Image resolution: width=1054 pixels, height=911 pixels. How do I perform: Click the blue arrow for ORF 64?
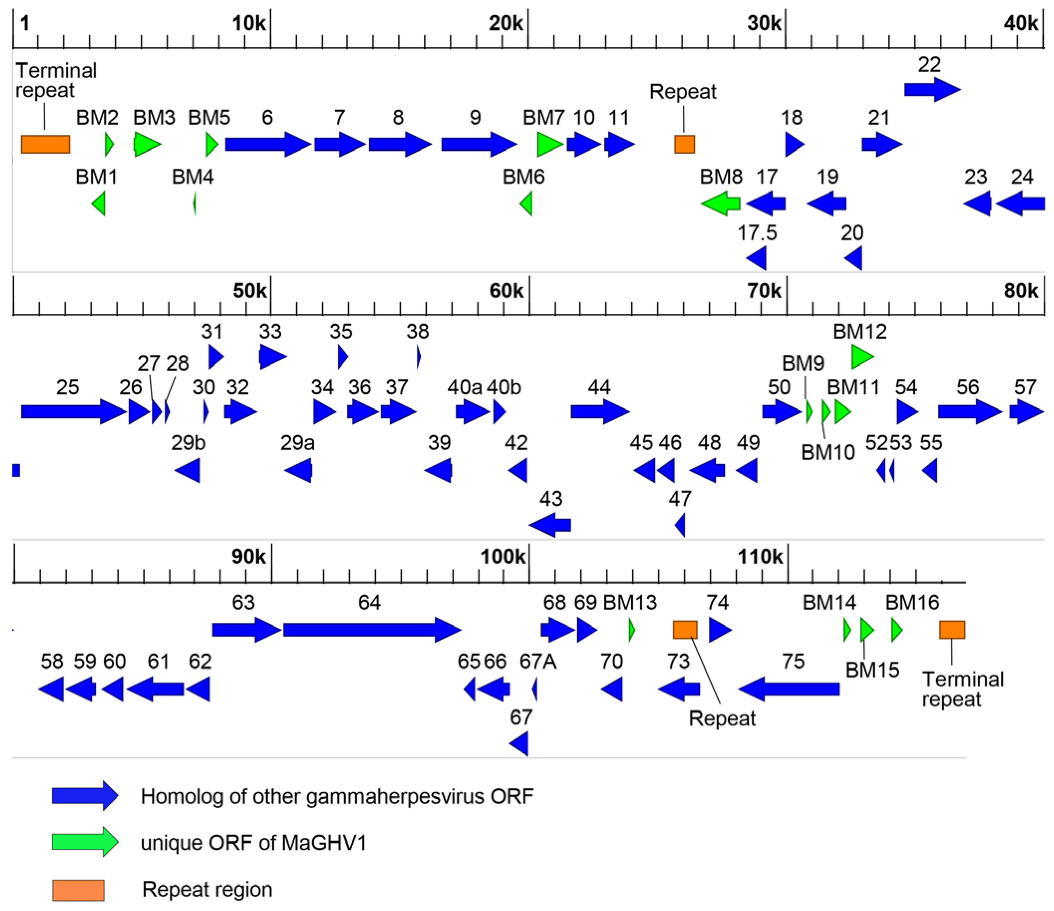(x=371, y=630)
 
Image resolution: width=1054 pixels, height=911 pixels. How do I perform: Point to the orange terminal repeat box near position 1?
(x=45, y=144)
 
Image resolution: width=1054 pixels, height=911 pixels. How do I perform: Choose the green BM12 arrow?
(x=862, y=357)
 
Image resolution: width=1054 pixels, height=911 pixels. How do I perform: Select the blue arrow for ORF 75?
(x=788, y=689)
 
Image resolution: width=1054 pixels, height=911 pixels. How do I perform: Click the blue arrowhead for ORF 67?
(x=519, y=744)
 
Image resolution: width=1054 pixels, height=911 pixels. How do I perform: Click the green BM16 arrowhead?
(x=897, y=630)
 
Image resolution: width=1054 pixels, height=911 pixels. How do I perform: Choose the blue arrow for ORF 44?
(x=600, y=411)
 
